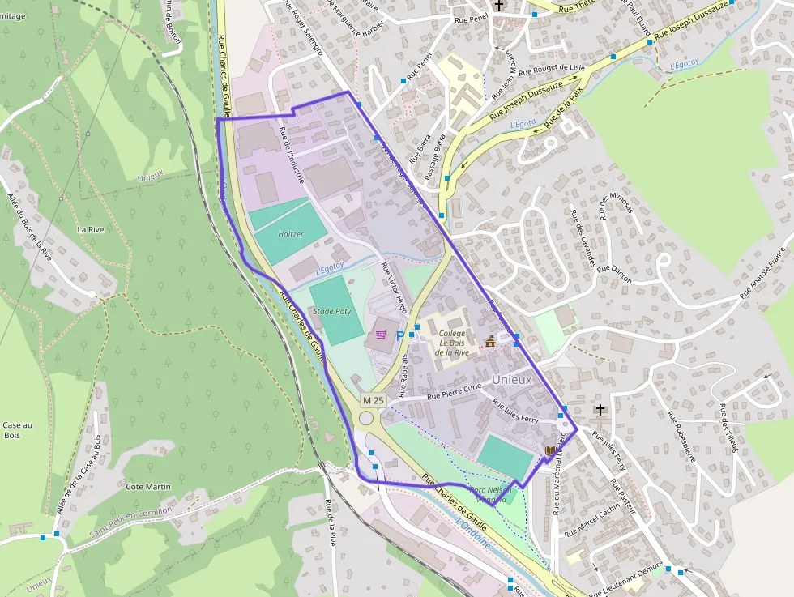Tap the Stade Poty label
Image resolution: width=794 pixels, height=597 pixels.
[x=332, y=310]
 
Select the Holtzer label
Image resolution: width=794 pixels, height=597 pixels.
[x=291, y=234]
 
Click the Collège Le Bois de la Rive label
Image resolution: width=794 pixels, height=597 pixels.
[x=451, y=343]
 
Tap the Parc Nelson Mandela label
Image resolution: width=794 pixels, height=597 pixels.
[x=489, y=495]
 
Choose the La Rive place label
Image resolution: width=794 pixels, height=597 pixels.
[x=91, y=229]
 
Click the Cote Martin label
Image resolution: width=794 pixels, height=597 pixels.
[x=149, y=486]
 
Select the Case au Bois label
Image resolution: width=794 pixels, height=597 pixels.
[x=17, y=430]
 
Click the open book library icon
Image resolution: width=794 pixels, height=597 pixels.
[x=551, y=450]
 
